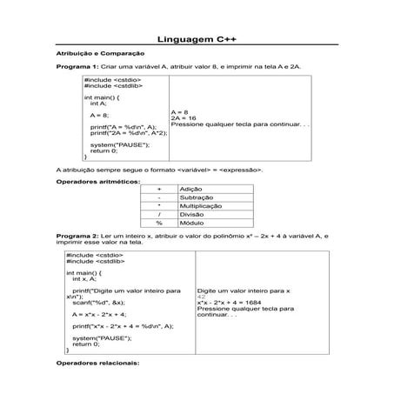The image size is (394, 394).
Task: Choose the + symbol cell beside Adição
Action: point(159,190)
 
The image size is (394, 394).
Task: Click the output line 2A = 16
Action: point(184,118)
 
